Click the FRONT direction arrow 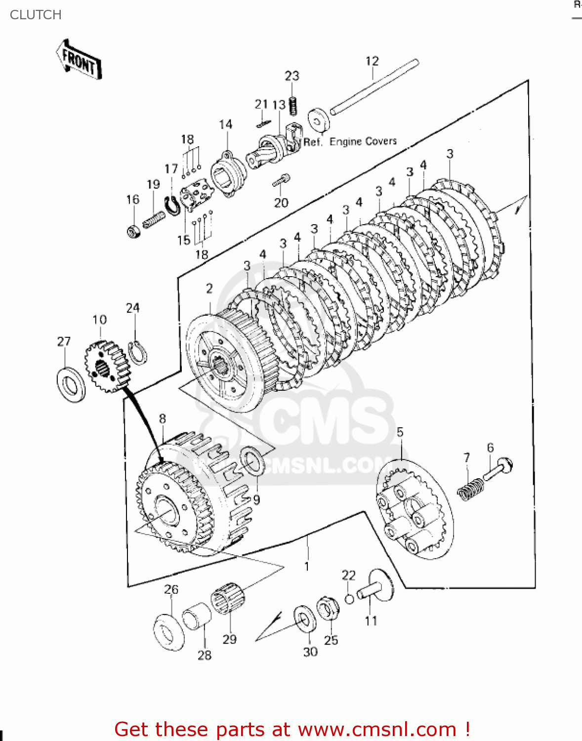coord(79,60)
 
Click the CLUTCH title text coord(36,15)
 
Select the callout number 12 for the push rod coord(372,61)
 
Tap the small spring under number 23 coord(293,105)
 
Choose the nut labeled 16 coord(133,231)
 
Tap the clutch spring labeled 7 coord(469,488)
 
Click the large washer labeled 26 coord(168,632)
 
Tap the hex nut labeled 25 coord(328,608)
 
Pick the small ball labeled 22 coord(349,599)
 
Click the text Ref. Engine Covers coord(350,142)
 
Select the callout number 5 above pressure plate coord(400,432)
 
